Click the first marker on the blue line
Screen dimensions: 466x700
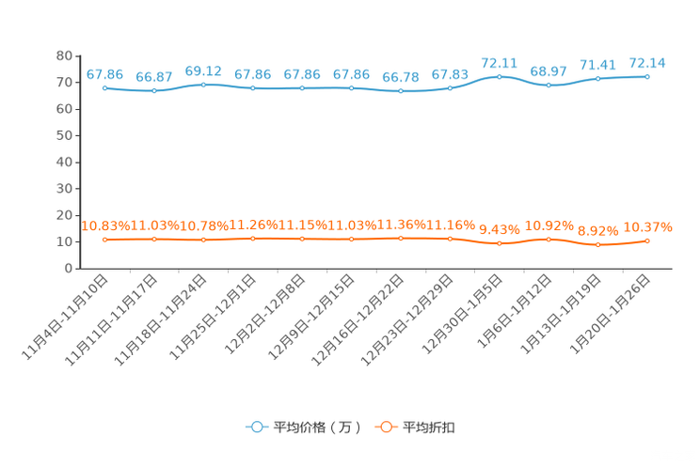(104, 87)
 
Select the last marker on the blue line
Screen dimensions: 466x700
(647, 76)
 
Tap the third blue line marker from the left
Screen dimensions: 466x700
(203, 85)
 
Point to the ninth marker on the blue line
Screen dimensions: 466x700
(499, 76)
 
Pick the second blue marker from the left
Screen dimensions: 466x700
(154, 91)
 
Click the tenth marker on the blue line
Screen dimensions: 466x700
(549, 85)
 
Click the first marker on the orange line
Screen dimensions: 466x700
(104, 241)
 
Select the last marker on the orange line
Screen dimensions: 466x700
(647, 241)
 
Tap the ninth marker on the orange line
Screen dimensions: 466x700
(499, 244)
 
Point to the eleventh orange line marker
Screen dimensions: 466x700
(597, 245)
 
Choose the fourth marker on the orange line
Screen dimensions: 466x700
(253, 240)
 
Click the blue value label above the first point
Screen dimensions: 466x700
(104, 73)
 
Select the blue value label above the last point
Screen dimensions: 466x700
(647, 63)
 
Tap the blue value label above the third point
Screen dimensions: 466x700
(203, 70)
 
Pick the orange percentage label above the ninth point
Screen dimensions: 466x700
(499, 229)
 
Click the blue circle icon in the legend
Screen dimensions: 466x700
(256, 427)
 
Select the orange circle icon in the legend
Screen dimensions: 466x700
(385, 427)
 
